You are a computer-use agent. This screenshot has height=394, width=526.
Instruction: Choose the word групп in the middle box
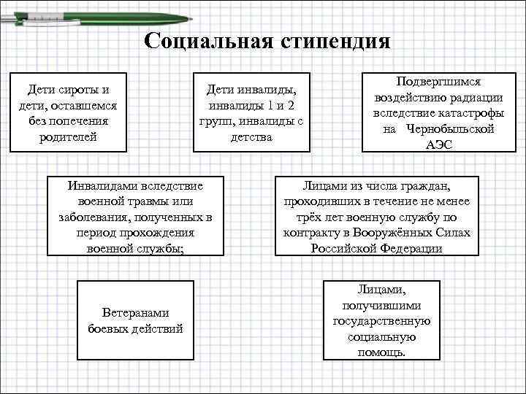coord(216,120)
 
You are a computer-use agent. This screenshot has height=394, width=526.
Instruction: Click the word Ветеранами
coord(135,312)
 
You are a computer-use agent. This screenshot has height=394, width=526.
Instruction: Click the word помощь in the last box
coord(380,352)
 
